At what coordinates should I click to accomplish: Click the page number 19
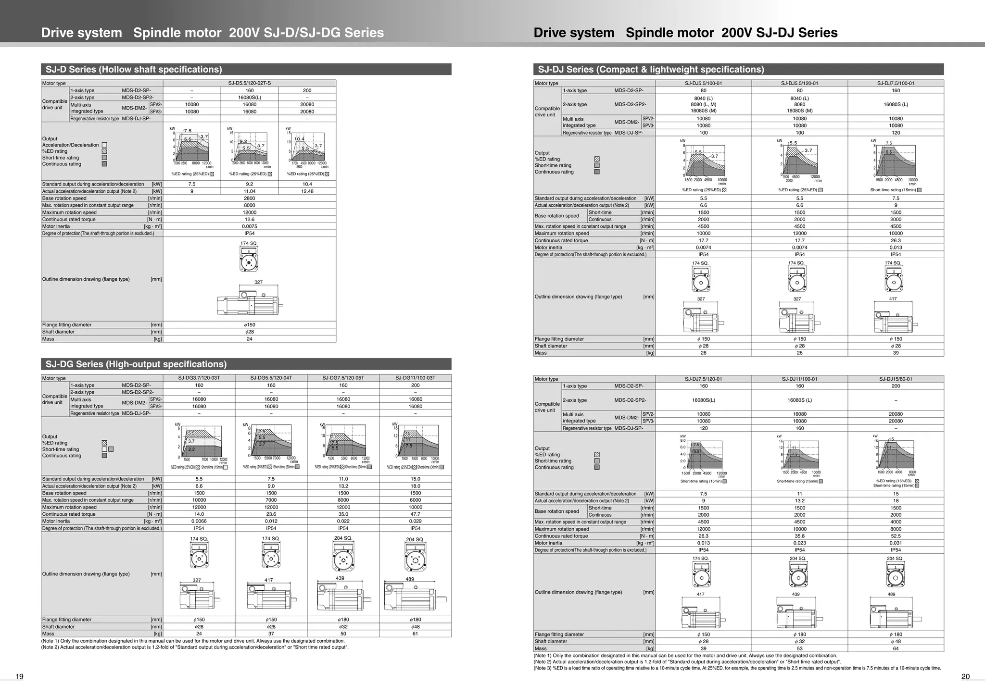tap(20, 677)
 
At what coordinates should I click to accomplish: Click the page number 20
tap(965, 677)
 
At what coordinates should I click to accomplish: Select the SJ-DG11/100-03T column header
tap(415, 378)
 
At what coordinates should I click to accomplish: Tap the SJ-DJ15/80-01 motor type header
tap(896, 379)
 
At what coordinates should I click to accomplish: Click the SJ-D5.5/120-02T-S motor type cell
tap(249, 83)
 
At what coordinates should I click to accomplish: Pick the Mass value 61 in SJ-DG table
tap(415, 634)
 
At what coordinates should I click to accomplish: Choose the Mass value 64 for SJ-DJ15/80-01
tap(896, 648)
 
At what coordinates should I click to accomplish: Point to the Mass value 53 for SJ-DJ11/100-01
tap(799, 648)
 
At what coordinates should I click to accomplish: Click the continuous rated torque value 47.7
tap(415, 514)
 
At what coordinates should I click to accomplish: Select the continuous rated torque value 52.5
tap(896, 536)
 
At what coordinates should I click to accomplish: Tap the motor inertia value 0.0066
tap(199, 521)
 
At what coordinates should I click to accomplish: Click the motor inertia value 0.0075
tap(249, 226)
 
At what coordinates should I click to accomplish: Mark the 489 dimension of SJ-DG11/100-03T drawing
tap(410, 579)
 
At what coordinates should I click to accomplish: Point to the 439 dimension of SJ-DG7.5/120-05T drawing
tap(340, 578)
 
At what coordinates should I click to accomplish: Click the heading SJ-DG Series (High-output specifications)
tap(136, 364)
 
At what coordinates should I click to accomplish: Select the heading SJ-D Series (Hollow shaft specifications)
tap(134, 69)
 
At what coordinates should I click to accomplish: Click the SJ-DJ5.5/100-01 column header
tap(703, 83)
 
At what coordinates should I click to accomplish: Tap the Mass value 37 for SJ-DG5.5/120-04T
tap(271, 634)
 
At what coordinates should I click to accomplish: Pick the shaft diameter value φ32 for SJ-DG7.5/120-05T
tap(343, 627)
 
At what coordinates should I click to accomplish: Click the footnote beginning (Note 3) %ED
tap(737, 668)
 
